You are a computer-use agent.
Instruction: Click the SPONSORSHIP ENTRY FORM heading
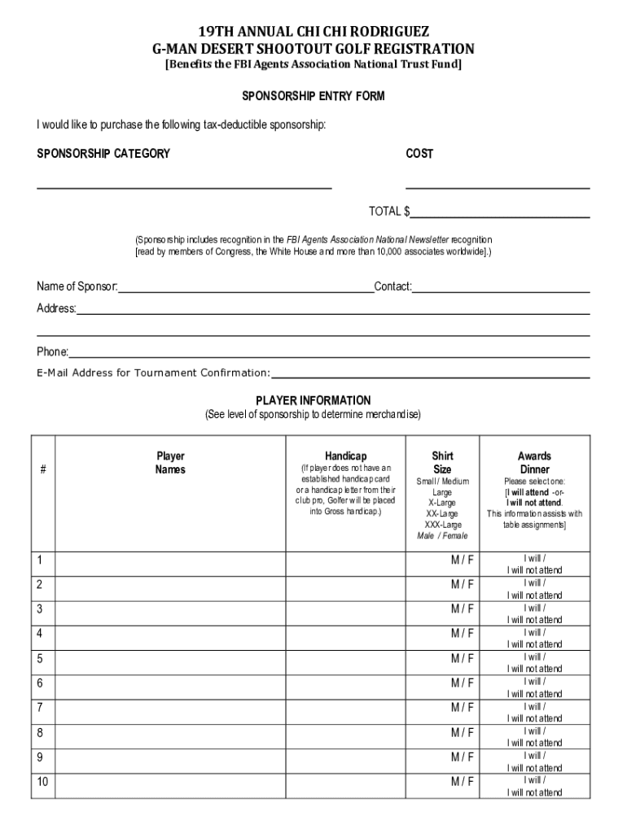[313, 96]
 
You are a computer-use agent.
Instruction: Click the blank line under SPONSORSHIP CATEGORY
[184, 184]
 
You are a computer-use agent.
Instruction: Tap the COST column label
[419, 154]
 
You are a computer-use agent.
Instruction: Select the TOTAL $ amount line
[500, 213]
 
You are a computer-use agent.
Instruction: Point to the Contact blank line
[501, 286]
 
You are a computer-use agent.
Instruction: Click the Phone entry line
[329, 352]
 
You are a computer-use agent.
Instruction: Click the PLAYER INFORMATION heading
[313, 400]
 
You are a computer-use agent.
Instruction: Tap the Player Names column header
[170, 463]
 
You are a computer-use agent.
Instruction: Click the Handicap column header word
[345, 456]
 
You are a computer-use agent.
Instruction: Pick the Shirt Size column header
[442, 463]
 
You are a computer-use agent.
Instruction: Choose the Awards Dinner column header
[534, 463]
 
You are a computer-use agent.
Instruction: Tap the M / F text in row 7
[463, 708]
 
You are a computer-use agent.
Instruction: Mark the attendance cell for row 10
[534, 786]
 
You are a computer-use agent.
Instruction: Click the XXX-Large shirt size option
[442, 525]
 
